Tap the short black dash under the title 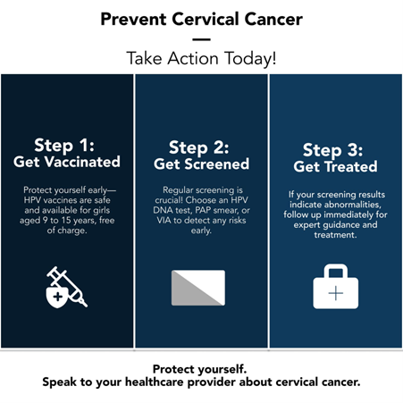[x=201, y=39]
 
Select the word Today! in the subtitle [x=250, y=58]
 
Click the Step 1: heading [x=64, y=146]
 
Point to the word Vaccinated [x=82, y=162]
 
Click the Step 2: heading [x=199, y=147]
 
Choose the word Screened [x=217, y=164]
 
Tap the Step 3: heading [x=333, y=150]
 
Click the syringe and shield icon [x=67, y=288]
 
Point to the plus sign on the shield [x=58, y=297]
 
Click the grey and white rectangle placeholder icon [x=198, y=288]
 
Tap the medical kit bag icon [x=336, y=286]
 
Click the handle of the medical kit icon [x=336, y=266]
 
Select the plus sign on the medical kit [x=336, y=293]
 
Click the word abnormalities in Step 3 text [x=352, y=205]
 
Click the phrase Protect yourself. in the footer [x=199, y=369]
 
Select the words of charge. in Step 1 [x=67, y=231]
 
